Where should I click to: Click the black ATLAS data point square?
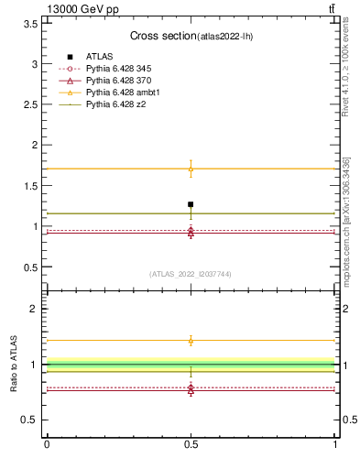point(191,204)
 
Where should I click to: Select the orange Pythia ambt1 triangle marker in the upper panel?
point(191,169)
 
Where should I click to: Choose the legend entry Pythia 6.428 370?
point(118,82)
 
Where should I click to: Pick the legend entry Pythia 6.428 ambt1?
point(122,93)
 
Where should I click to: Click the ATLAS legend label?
point(99,57)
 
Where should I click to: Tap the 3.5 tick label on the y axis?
point(31,24)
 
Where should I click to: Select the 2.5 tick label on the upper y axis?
point(31,104)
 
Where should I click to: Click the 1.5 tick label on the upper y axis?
point(31,186)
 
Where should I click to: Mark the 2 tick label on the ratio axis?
point(34,309)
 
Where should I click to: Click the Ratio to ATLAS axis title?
point(15,365)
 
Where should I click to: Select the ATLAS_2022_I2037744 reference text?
point(191,274)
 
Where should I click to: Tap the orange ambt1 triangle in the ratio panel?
point(191,341)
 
